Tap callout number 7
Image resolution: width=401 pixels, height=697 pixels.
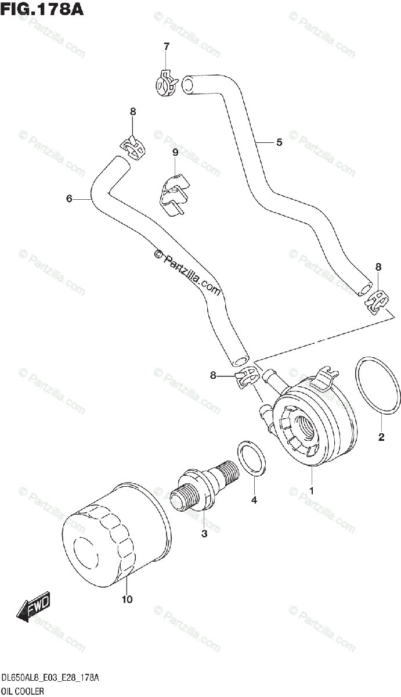coord(166,46)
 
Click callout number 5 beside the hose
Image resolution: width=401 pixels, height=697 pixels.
coord(279,142)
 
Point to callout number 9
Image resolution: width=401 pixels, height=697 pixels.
coord(175,152)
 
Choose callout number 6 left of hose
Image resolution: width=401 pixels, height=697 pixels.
coord(69,199)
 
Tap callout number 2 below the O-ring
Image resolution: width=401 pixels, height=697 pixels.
coord(381,437)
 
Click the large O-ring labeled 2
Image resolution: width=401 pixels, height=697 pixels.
coord(377,387)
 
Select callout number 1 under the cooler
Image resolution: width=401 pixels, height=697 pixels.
coord(312,490)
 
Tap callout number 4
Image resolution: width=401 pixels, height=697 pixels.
coord(254,500)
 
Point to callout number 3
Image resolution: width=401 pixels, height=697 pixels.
coord(204,534)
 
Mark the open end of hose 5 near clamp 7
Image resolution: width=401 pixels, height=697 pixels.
coord(189,85)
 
